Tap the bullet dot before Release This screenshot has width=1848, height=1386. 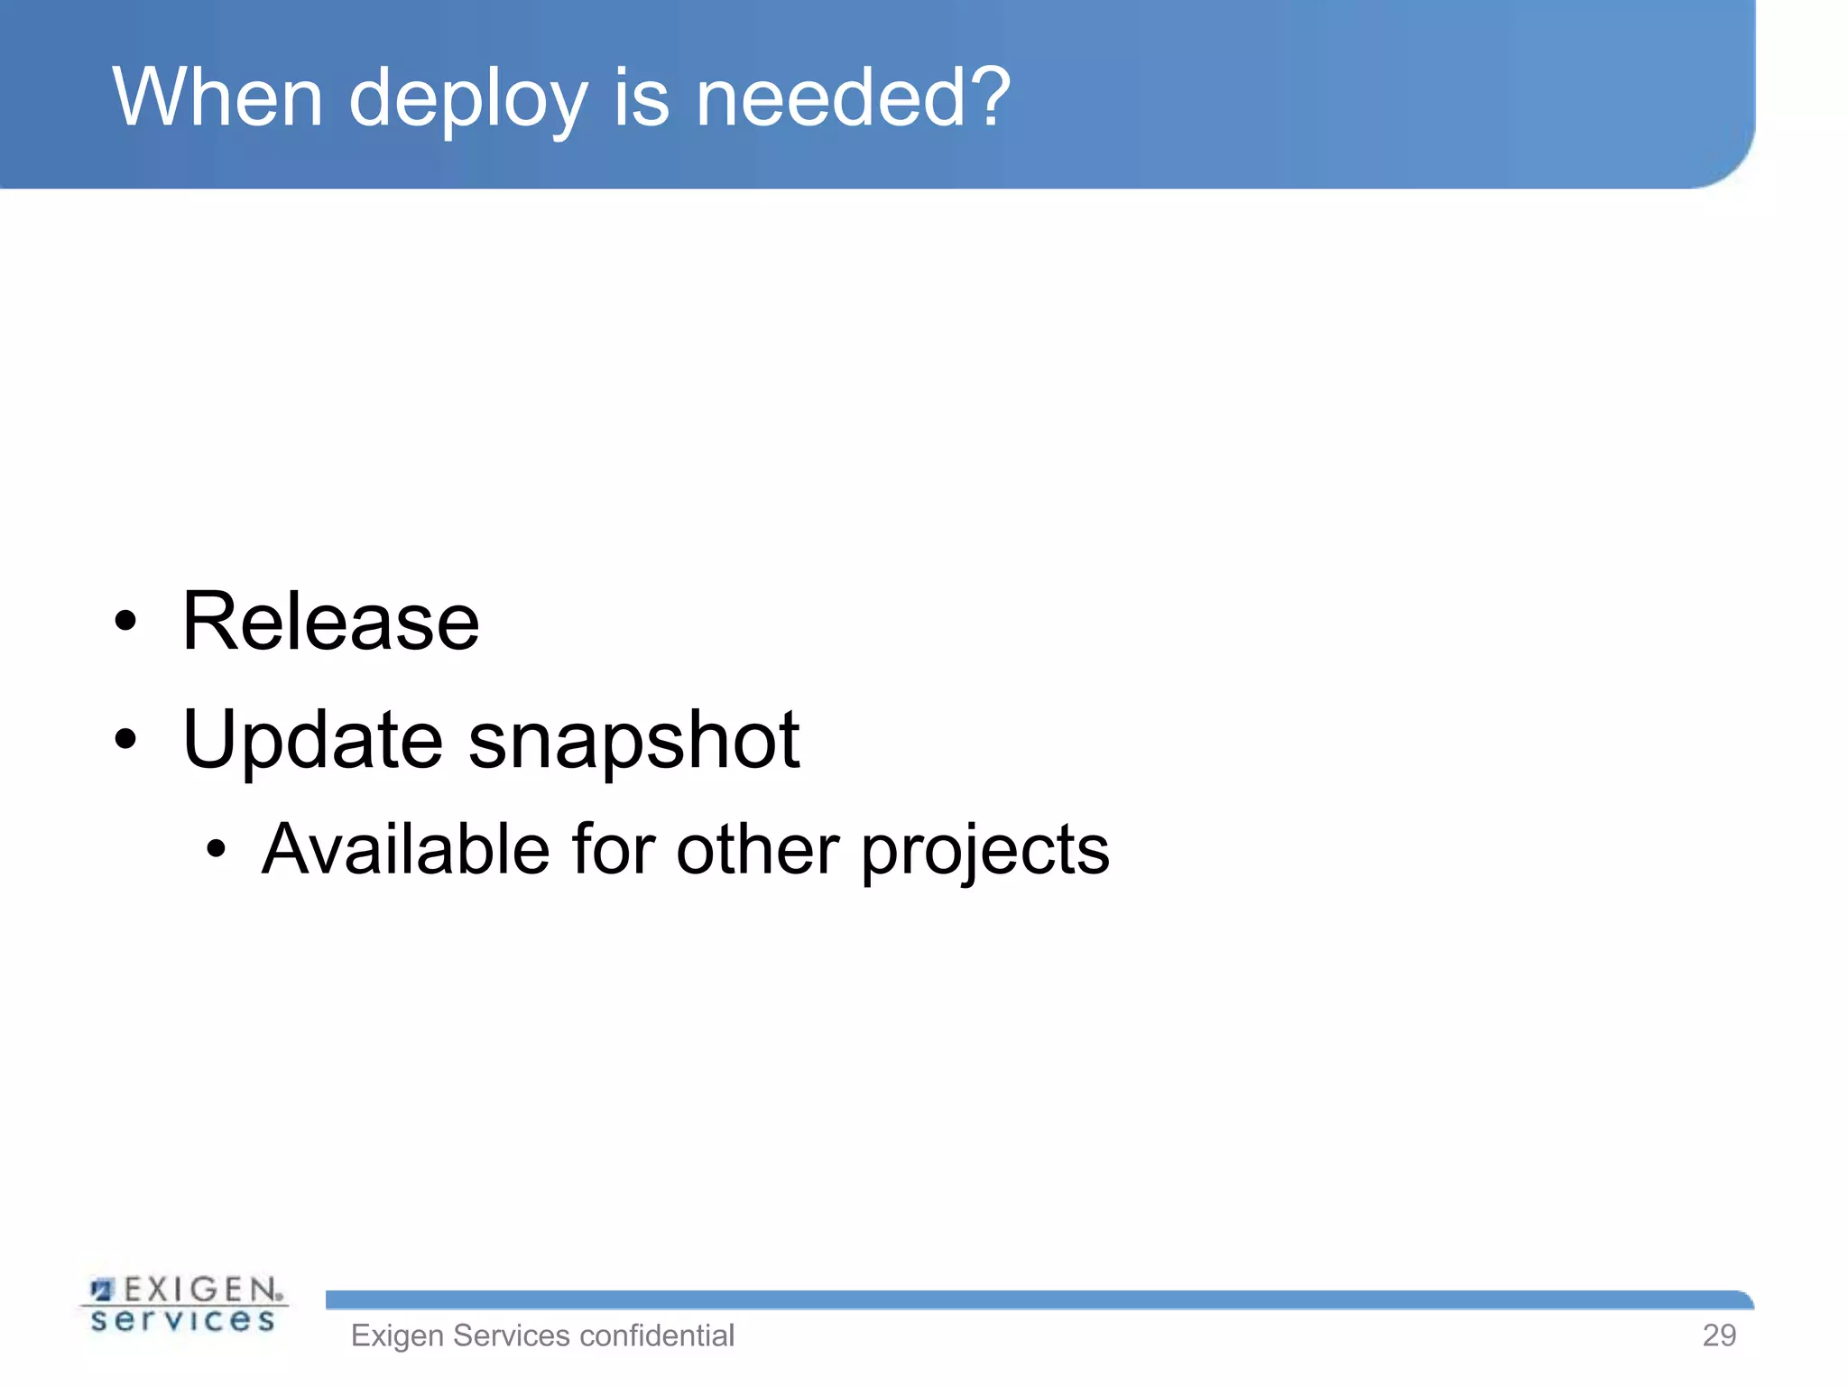pos(125,622)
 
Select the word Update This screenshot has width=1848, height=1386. pos(312,741)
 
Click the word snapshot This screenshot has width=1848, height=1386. pos(633,741)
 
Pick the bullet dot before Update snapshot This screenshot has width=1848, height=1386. pos(125,740)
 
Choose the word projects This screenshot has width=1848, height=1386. pos(984,853)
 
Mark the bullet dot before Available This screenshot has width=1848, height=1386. pos(215,849)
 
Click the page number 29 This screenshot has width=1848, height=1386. pos(1718,1335)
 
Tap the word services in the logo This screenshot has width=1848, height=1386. pos(183,1321)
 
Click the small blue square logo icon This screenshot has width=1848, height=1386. pos(103,1289)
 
